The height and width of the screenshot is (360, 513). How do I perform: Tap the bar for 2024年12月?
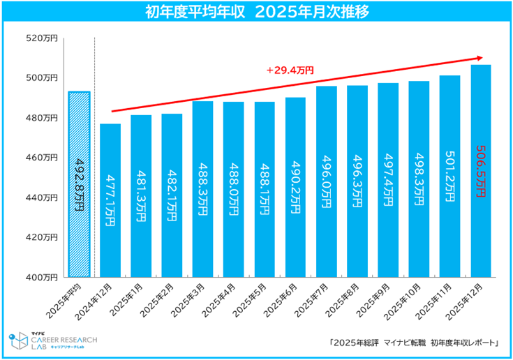click(110, 202)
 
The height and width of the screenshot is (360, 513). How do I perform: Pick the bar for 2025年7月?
click(327, 181)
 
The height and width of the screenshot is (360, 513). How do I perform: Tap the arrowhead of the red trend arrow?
click(479, 57)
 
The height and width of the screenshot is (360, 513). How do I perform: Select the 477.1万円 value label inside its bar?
click(110, 202)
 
